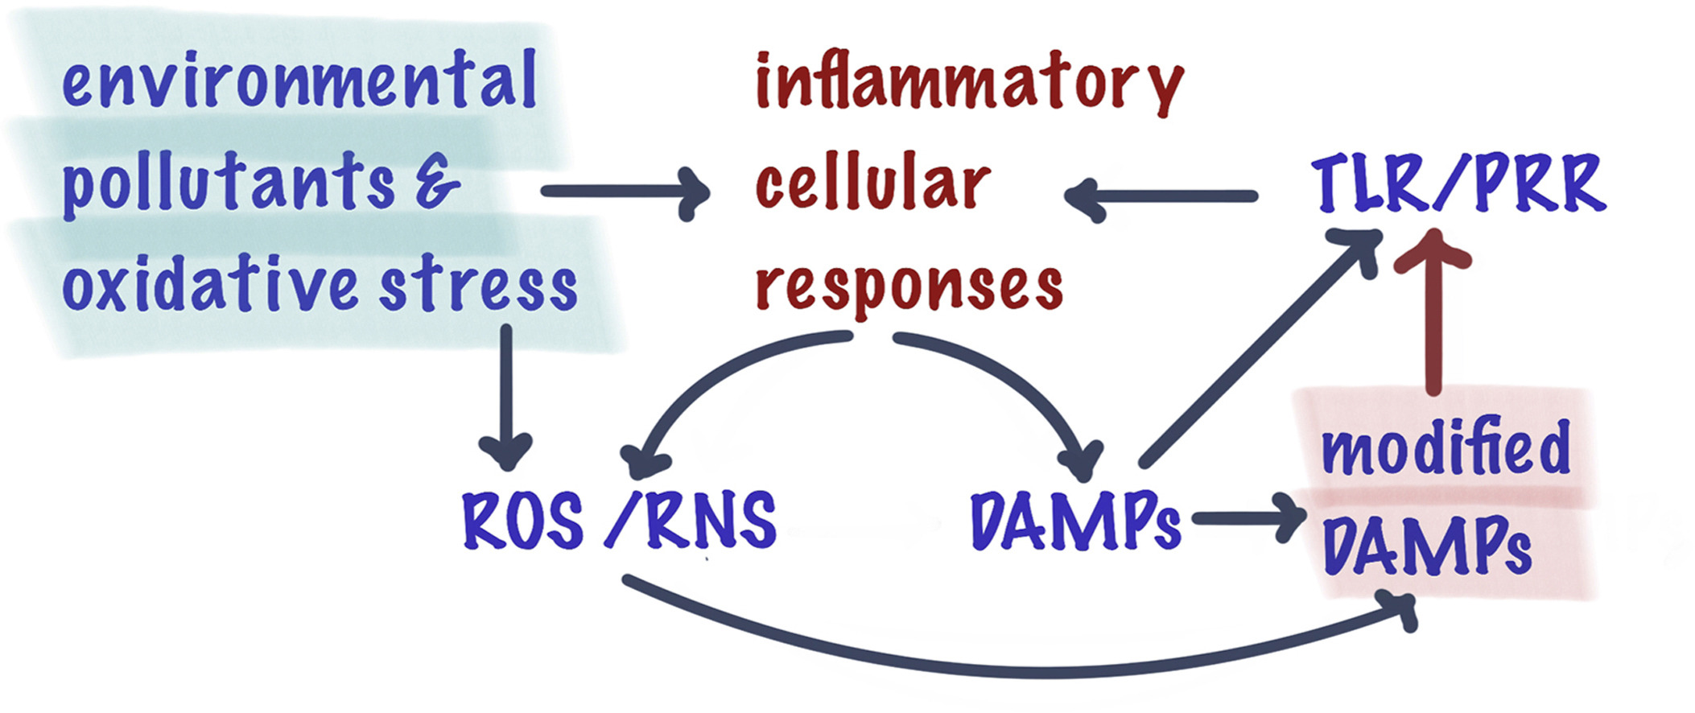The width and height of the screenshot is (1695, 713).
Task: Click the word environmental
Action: tap(299, 80)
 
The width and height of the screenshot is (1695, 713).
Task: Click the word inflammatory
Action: tap(969, 85)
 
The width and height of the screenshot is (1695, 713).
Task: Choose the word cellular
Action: tap(872, 183)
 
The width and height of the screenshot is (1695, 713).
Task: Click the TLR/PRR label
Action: tap(1458, 185)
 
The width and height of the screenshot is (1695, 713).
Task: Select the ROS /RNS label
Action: tap(618, 521)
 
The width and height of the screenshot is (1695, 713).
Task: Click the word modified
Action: tap(1445, 447)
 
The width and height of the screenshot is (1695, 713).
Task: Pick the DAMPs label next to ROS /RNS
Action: tap(1075, 521)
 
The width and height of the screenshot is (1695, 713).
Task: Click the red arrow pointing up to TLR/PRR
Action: tap(1433, 322)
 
